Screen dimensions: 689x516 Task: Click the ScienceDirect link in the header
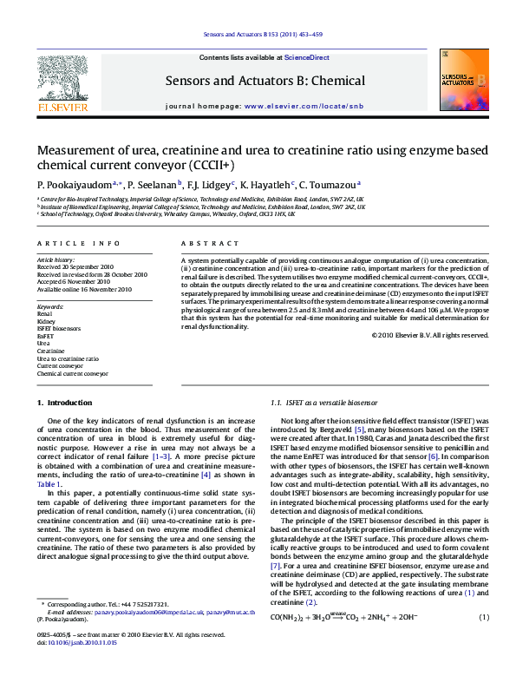[x=307, y=56]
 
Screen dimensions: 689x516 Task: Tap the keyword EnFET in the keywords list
[x=45, y=335]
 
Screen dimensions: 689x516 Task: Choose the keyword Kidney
[x=46, y=321]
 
